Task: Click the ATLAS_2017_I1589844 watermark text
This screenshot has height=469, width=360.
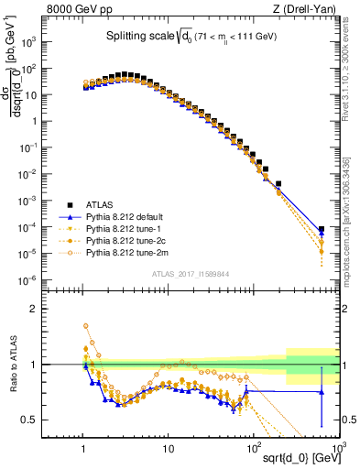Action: (191, 274)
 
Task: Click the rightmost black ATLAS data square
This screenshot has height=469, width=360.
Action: (321, 230)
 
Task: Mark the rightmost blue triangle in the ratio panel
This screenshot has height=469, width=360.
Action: (321, 392)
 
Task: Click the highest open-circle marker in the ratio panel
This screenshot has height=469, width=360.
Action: (85, 325)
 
